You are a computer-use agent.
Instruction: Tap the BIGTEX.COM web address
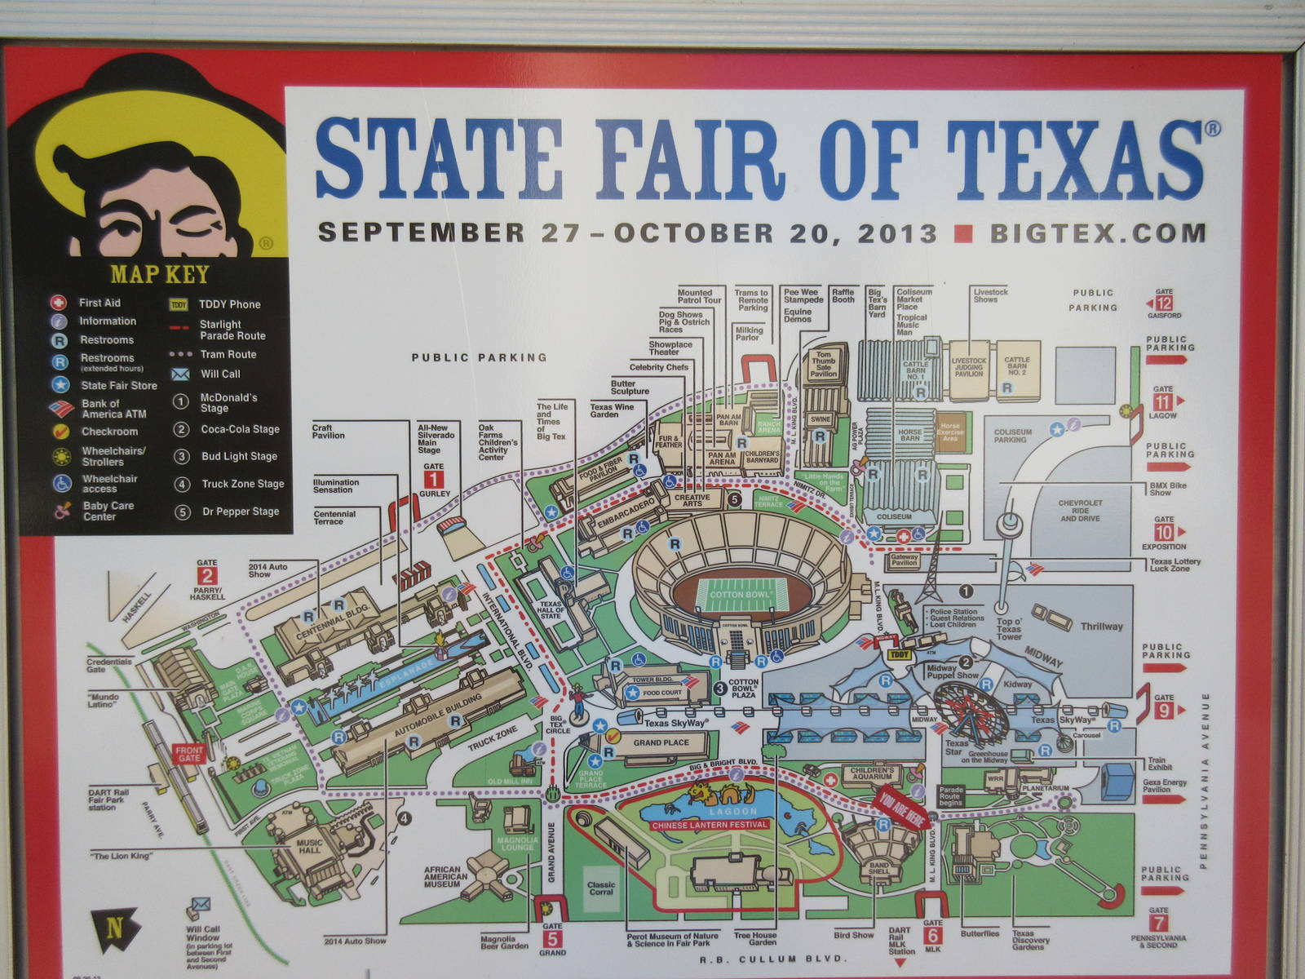(x=1098, y=233)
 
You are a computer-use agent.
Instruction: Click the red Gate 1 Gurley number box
(x=434, y=479)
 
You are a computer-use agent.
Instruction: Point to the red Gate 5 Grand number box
(x=552, y=937)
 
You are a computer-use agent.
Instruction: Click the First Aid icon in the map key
(x=60, y=303)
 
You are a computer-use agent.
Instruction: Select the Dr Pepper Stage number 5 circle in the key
(x=183, y=512)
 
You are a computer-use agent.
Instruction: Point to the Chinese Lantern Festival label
(x=710, y=825)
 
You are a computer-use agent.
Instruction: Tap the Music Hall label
(x=310, y=846)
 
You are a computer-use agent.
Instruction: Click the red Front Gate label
(x=188, y=754)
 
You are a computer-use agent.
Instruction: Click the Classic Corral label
(x=600, y=888)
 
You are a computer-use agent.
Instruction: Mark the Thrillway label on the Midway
(x=1101, y=627)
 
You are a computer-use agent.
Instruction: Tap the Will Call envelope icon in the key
(x=179, y=374)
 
